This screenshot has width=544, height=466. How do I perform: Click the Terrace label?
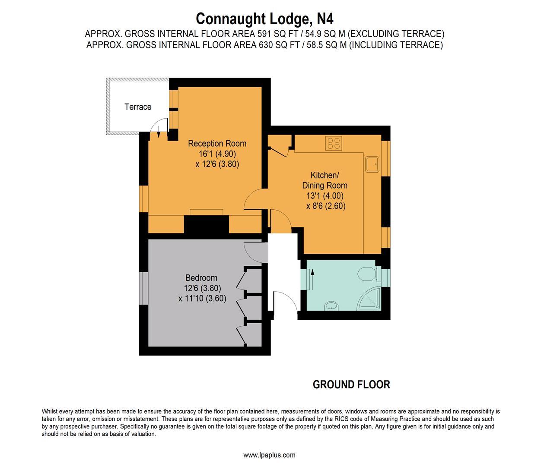coord(138,107)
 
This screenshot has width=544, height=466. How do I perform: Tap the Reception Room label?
coord(217,144)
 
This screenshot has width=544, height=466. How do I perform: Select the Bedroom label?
coord(201,278)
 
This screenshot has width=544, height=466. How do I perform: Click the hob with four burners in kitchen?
coord(334,143)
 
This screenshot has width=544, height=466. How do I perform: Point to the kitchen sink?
coord(372,164)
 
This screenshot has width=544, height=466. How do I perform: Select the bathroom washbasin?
coord(331,306)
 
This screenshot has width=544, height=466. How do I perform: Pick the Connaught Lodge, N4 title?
coord(264,19)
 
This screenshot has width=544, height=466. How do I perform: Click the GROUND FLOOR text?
coord(351,384)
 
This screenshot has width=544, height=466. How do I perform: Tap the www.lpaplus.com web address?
coord(269,455)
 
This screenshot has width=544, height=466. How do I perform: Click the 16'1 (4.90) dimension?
coord(217,154)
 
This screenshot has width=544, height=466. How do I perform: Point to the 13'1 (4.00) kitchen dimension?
coord(324,196)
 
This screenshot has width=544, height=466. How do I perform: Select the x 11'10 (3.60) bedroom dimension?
coord(202,298)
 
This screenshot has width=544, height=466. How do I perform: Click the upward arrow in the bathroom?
coord(312,271)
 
